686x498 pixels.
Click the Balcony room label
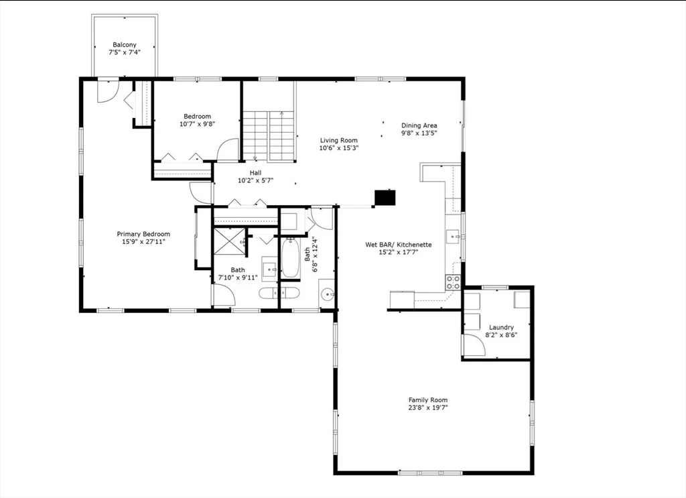[x=125, y=45]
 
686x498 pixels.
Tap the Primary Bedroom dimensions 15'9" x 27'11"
[x=143, y=241]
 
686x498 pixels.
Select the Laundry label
[x=501, y=327]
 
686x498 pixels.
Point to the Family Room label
[x=428, y=399]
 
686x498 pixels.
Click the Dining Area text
[x=419, y=125]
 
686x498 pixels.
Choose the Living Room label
[x=338, y=141]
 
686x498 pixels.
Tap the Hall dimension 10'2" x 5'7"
[x=255, y=180]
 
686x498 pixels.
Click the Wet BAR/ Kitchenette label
[x=399, y=245]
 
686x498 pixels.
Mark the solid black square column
[x=385, y=197]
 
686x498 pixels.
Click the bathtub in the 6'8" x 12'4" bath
[x=289, y=257]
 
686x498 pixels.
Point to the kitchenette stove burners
[x=453, y=282]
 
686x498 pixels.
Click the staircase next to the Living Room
[x=269, y=136]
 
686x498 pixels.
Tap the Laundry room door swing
[x=474, y=345]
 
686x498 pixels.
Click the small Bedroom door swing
[x=228, y=149]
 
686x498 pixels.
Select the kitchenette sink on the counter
[x=454, y=237]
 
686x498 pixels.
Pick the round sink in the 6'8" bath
[x=327, y=295]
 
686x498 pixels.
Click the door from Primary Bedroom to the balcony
[x=108, y=90]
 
